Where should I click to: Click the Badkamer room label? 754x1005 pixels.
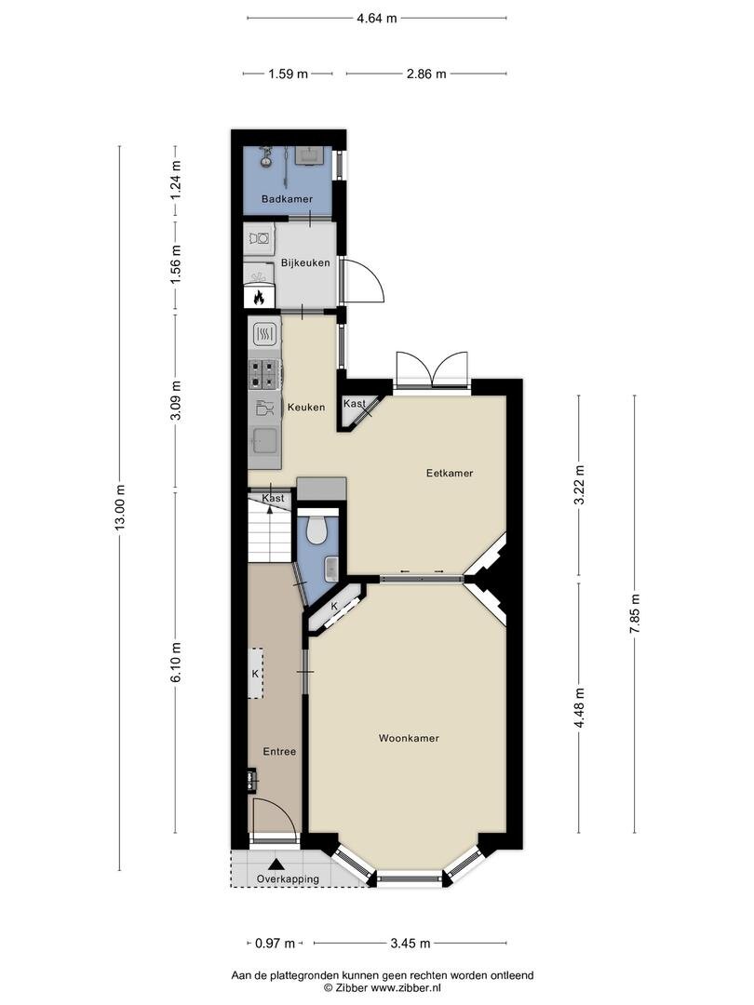(287, 199)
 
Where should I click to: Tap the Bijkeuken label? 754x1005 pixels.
(305, 262)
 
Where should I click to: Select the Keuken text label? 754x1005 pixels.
(306, 407)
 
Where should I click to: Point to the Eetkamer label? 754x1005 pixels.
(450, 473)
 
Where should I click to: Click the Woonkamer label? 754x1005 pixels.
(409, 738)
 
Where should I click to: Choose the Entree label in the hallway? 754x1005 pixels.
(279, 751)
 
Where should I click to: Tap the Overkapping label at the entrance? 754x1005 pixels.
(288, 878)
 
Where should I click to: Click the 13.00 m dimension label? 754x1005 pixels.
(120, 508)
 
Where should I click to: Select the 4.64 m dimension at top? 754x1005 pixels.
(377, 18)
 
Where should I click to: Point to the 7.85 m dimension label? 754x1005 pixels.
(635, 613)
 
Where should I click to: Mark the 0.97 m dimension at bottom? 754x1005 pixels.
(275, 944)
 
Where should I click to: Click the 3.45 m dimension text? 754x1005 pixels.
(411, 944)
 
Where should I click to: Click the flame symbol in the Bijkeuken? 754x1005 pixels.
(259, 297)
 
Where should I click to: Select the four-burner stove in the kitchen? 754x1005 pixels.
(264, 374)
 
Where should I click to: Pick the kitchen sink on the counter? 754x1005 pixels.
(264, 441)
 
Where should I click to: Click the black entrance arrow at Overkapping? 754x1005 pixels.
(276, 864)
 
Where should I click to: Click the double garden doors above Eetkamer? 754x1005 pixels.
(433, 369)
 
